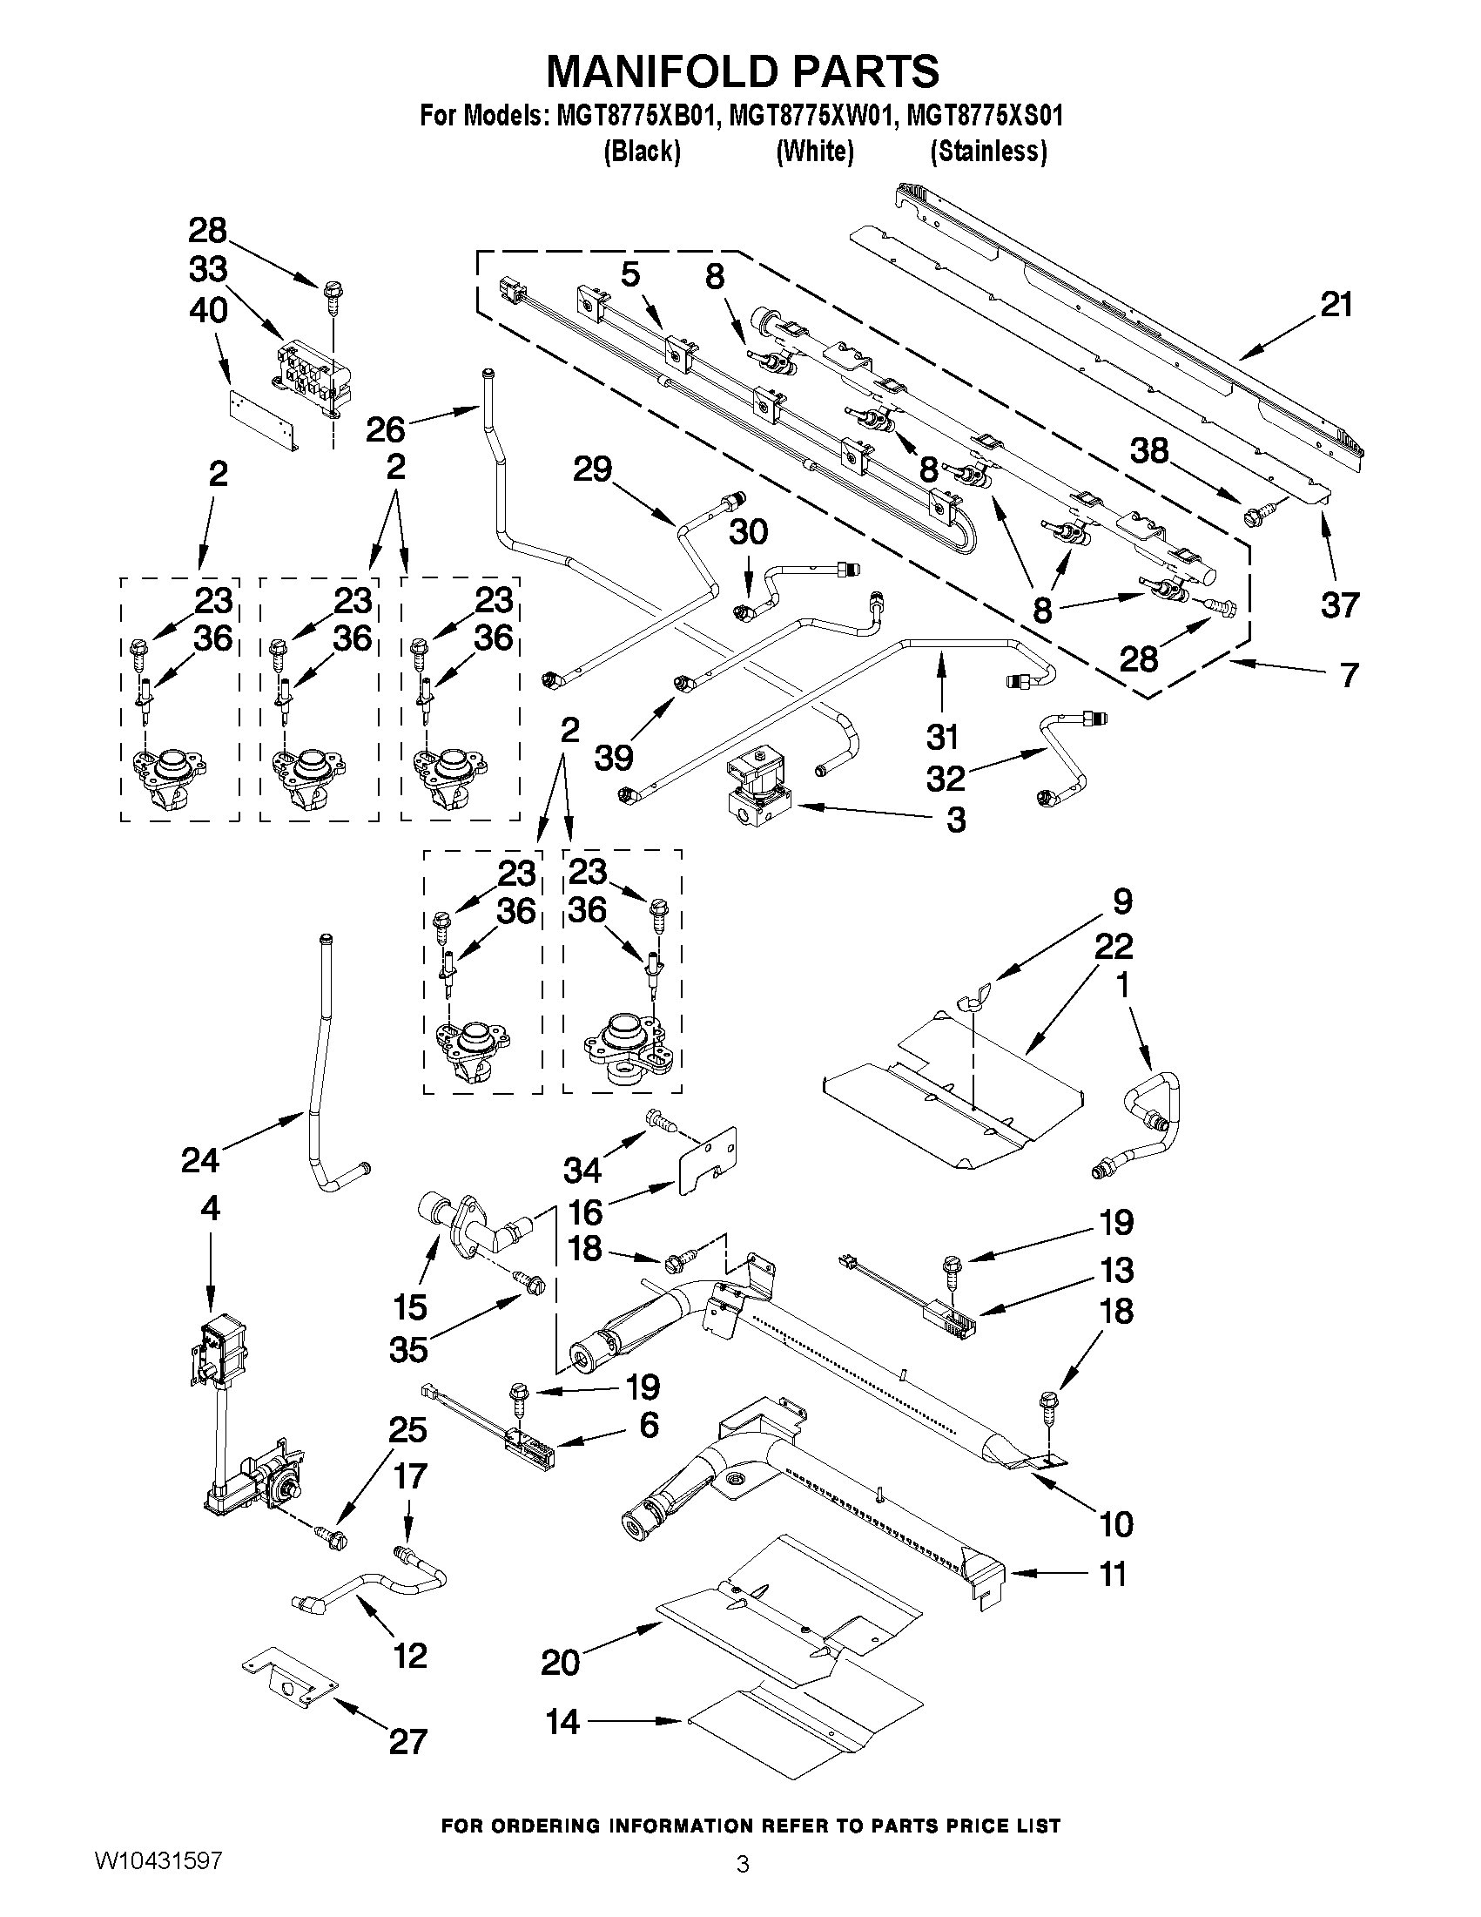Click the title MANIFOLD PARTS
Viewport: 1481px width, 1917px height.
[743, 71]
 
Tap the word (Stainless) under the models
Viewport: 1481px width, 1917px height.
[988, 152]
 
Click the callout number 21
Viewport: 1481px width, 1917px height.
[1336, 306]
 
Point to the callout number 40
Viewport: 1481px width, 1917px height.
[208, 311]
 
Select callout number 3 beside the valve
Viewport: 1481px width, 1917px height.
[955, 820]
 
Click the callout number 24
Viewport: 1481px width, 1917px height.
[199, 1160]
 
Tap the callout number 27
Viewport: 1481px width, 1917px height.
[407, 1740]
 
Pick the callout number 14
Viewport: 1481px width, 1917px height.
[562, 1722]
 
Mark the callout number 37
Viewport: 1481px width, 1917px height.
[1340, 604]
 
